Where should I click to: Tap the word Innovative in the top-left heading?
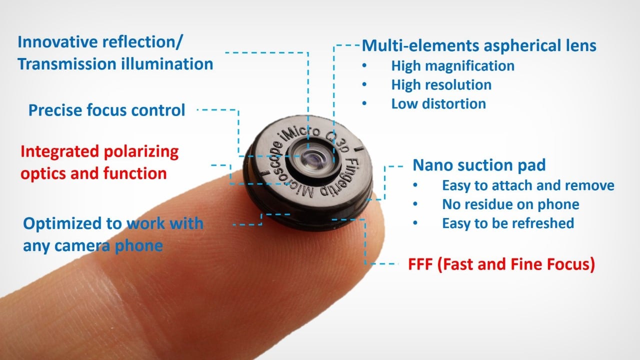pos(58,42)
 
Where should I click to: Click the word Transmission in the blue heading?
pos(67,64)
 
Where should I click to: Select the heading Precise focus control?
pos(107,110)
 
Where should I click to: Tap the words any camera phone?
pos(93,245)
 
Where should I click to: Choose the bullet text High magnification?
pos(453,65)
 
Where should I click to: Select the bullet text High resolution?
pos(441,85)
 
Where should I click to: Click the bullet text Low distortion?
pos(438,103)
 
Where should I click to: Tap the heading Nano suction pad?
pos(479,165)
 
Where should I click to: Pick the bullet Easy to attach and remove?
pos(528,185)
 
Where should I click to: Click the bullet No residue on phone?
pos(510,204)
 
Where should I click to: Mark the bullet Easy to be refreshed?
pos(508,223)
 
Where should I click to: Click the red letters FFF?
pos(420,264)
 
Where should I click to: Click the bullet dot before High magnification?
pos(364,65)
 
